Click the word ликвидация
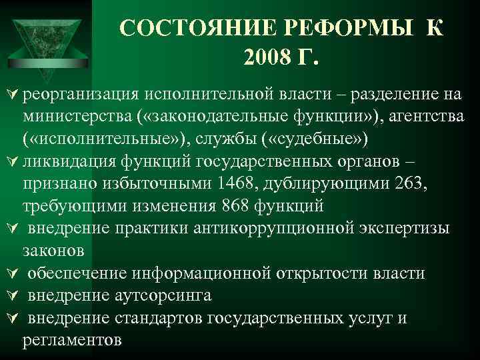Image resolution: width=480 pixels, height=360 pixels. coord(63,163)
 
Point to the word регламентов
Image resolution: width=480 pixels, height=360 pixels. coord(72,340)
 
